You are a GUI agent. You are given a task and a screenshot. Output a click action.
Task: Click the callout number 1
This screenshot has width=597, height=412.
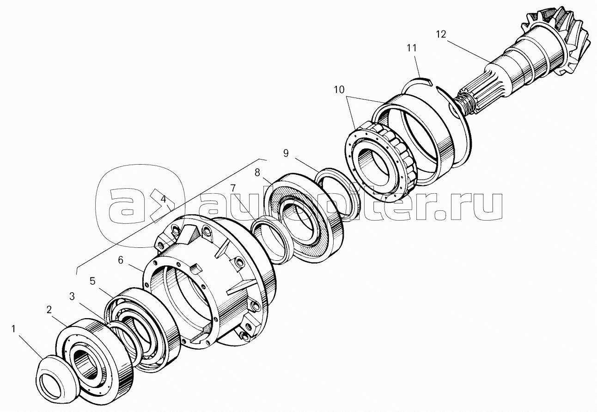[14, 329]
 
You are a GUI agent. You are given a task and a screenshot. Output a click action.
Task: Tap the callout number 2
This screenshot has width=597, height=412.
[49, 309]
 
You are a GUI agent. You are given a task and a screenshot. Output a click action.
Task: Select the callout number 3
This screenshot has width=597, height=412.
[72, 296]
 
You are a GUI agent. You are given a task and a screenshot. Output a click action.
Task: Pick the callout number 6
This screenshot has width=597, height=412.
[120, 260]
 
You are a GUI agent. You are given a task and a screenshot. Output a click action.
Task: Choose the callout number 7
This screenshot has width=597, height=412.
[233, 188]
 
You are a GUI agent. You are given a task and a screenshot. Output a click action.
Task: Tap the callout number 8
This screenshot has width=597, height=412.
[257, 173]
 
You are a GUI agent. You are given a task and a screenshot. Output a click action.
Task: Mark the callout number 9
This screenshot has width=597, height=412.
[286, 153]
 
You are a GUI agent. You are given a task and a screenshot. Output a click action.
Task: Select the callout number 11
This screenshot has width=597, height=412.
[411, 48]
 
